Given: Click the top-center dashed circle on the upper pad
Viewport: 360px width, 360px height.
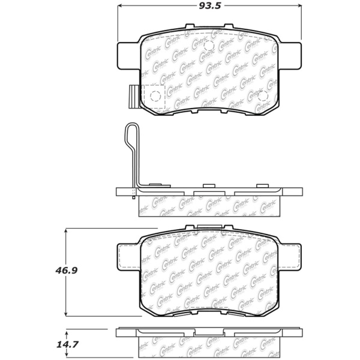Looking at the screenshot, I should tap(209, 46).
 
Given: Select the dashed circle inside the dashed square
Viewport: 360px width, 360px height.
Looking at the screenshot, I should tap(154, 96).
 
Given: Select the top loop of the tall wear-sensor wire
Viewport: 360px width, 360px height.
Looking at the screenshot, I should tap(131, 129).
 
